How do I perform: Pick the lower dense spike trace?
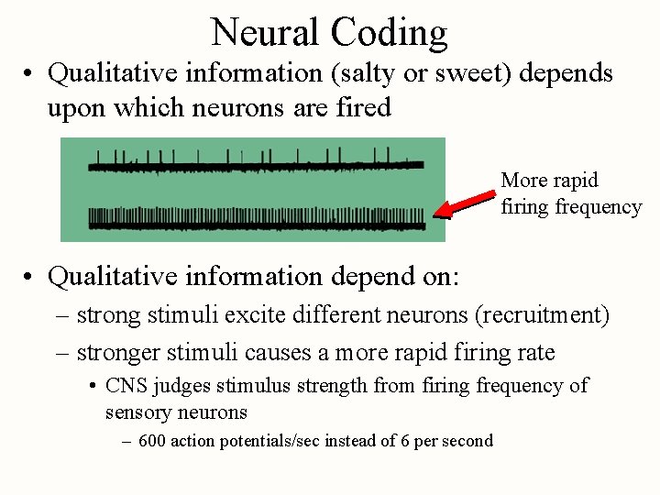coord(256,219)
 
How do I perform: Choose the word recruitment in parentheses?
coord(541,316)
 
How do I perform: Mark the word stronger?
coord(119,352)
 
